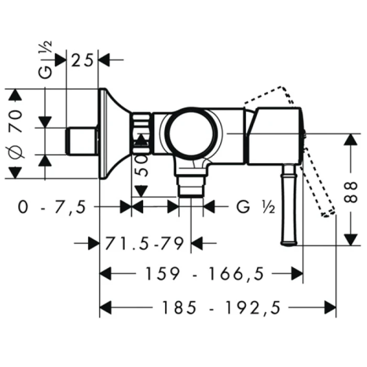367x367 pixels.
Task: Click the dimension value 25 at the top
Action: point(82,60)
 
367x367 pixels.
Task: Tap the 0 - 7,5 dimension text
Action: point(52,207)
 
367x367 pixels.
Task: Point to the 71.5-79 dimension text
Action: point(144,244)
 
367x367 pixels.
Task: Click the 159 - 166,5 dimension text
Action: point(204,274)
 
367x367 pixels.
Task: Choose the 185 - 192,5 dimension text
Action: point(221,308)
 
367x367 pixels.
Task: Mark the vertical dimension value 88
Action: point(351,192)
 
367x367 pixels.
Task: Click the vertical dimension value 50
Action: point(142,166)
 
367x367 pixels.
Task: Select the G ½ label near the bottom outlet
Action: point(256,207)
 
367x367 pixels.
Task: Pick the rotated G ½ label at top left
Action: point(45,60)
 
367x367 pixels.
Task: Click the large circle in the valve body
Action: point(191,133)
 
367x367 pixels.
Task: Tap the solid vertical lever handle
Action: point(289,205)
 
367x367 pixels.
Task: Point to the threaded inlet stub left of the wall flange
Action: point(82,141)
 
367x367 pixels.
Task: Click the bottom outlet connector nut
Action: point(191,186)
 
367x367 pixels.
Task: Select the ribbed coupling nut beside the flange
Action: point(141,133)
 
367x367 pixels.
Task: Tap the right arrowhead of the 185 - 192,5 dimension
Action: point(330,308)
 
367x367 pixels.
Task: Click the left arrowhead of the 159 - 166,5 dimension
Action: point(105,273)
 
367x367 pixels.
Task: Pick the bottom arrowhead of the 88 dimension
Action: point(351,240)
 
